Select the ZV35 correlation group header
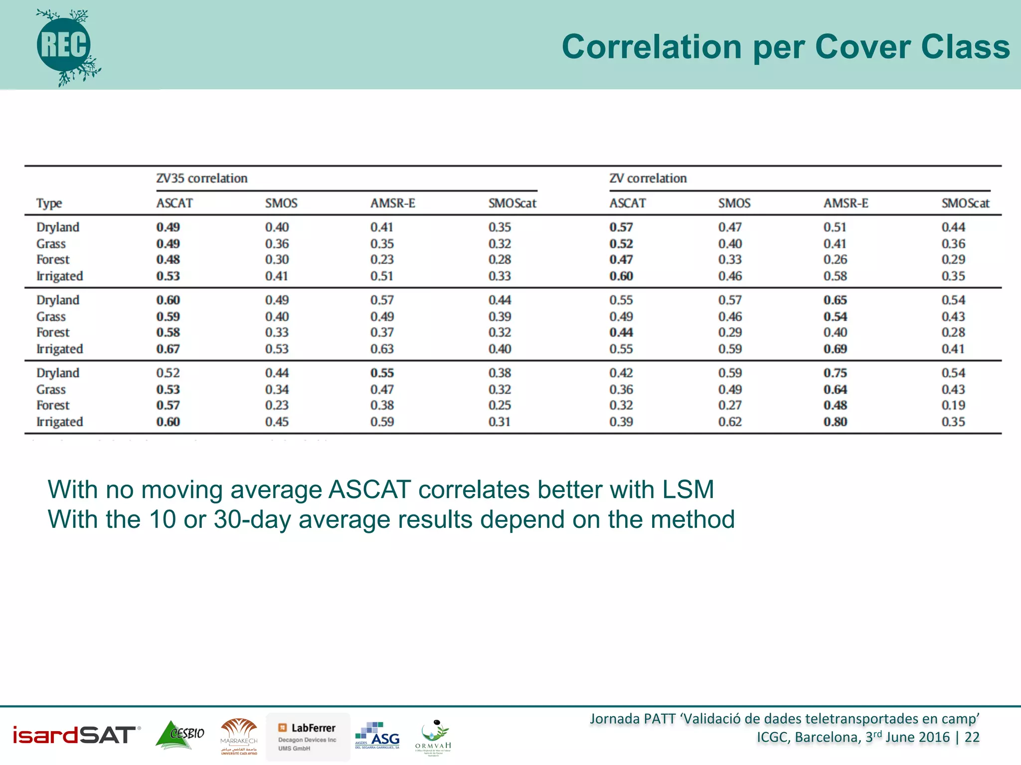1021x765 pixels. [201, 178]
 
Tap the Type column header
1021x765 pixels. [49, 203]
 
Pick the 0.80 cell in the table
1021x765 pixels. [835, 422]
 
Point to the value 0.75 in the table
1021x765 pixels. [835, 373]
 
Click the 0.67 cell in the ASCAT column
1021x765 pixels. [168, 349]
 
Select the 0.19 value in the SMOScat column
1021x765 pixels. [953, 405]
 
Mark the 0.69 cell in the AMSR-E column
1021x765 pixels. [835, 349]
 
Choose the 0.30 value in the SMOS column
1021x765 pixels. [277, 259]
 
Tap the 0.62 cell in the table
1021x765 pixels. [730, 422]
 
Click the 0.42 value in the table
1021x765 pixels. [621, 373]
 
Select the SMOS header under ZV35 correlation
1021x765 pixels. [281, 203]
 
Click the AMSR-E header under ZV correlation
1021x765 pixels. [846, 203]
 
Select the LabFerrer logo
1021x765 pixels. [308, 737]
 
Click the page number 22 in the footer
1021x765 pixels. [972, 737]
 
